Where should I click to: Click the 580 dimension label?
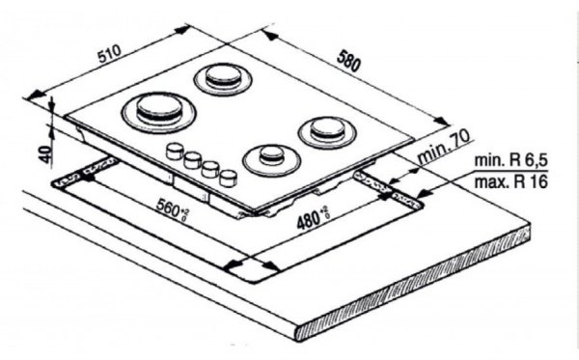348,61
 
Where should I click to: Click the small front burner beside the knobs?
271,156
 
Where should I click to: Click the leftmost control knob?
176,151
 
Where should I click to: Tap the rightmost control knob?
229,177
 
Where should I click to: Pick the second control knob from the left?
192,158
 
